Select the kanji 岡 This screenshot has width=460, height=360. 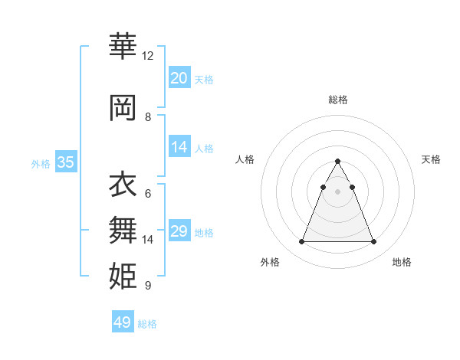[x=123, y=107]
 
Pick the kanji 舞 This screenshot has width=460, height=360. [x=123, y=228]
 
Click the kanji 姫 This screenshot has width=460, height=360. [x=123, y=274]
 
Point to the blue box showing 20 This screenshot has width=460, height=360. [x=179, y=78]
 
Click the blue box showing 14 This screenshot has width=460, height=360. [x=179, y=147]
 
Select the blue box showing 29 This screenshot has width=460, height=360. [x=179, y=231]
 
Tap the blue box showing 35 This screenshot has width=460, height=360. [x=65, y=162]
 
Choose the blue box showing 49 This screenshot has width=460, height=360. [x=123, y=322]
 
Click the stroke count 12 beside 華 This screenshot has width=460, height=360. [x=148, y=56]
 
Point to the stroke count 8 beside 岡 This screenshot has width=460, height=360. [x=148, y=117]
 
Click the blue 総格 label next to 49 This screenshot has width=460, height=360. [x=147, y=324]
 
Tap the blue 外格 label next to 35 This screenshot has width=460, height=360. [x=41, y=163]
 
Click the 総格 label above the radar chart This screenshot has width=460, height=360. [x=337, y=100]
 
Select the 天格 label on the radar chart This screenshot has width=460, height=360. [x=431, y=159]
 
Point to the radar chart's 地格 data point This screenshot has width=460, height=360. [x=373, y=242]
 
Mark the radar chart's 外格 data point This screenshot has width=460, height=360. [x=301, y=242]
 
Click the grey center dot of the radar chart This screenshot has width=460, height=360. [x=337, y=191]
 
